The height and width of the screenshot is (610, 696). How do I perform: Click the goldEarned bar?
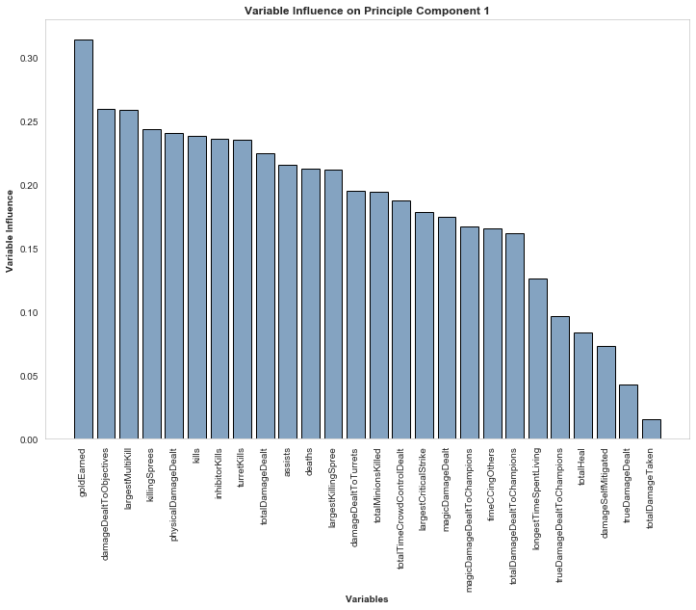point(84,240)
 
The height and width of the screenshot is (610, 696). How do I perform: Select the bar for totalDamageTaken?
point(652,430)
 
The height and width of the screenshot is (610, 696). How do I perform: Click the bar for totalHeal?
point(583,386)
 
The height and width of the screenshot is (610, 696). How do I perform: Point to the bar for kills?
point(197,288)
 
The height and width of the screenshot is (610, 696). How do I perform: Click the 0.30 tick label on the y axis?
point(29,59)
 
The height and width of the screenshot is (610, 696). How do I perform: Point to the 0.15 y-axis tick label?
point(29,250)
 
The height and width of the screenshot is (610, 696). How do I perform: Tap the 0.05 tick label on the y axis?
point(29,377)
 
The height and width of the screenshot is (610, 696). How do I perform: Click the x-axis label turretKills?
point(243,473)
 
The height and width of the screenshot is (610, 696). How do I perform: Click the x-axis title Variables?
point(367,599)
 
